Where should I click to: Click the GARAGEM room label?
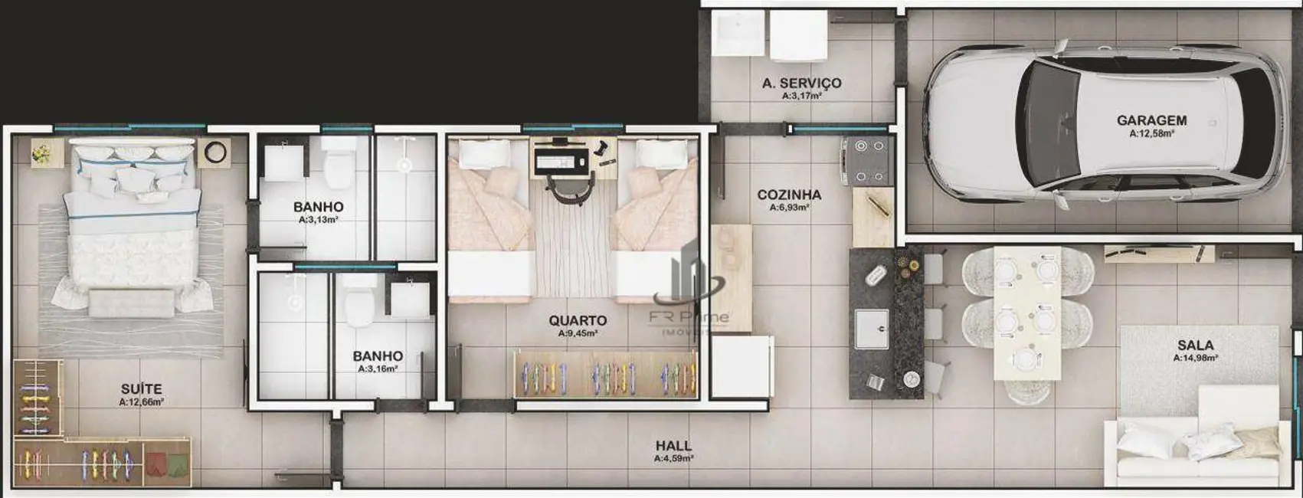coord(1151,120)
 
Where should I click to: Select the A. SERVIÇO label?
coord(801,83)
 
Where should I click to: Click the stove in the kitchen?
coord(868,161)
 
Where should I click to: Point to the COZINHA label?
coord(789,195)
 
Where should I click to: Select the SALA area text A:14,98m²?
coord(1195,358)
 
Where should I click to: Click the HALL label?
coord(673,445)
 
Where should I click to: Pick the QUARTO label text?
coord(578,320)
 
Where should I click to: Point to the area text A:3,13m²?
coord(318,219)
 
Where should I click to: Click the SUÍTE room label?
coord(141,389)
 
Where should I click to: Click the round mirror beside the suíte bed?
coord(215,152)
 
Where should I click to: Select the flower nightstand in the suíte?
coord(43,152)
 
